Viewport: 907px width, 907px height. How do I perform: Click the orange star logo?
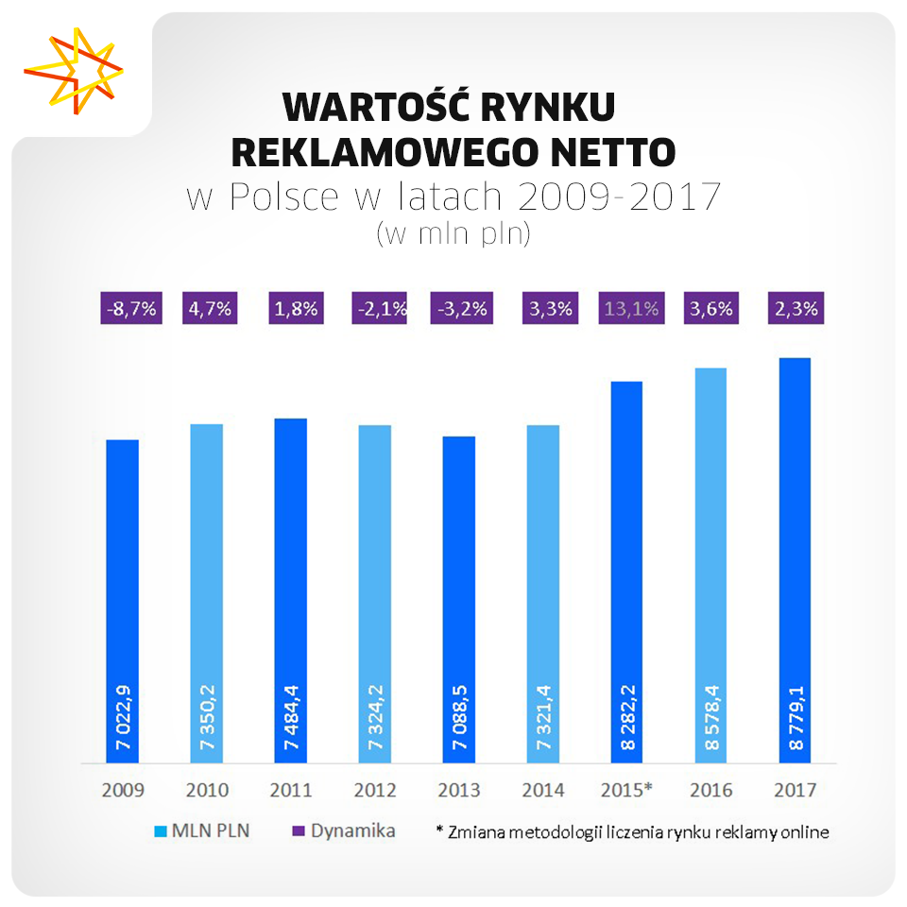click(x=74, y=69)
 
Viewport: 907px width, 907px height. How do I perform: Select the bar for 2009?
click(x=123, y=601)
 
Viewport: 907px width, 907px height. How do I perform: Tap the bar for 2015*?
click(x=626, y=572)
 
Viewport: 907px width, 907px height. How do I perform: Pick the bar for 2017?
click(x=795, y=560)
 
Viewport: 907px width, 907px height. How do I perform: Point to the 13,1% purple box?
click(x=628, y=308)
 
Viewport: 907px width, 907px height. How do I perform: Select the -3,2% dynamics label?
click(x=460, y=308)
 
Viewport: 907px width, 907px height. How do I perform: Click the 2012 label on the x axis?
click(x=375, y=790)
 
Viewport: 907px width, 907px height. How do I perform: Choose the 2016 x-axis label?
click(x=711, y=790)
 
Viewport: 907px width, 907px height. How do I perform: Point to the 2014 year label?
click(x=543, y=790)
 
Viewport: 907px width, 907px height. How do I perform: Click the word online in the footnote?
click(x=804, y=832)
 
